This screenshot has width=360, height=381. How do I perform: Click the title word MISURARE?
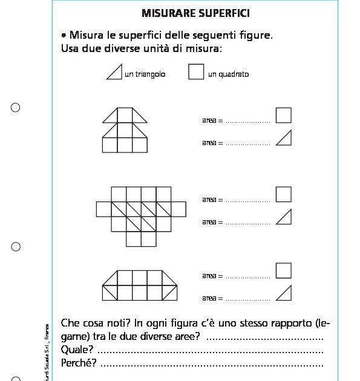(163, 13)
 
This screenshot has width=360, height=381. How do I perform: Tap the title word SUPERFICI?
(211, 13)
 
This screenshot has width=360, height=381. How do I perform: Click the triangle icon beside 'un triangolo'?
(115, 73)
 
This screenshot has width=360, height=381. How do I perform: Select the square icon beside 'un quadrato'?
(196, 72)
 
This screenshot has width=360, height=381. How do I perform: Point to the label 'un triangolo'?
(145, 74)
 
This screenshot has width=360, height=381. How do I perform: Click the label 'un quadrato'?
(228, 74)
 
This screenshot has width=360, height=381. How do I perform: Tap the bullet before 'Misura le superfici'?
(64, 36)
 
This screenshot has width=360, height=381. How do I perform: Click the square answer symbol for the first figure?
(283, 116)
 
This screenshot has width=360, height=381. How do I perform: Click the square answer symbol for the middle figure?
(283, 194)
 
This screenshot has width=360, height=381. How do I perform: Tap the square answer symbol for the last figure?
(283, 270)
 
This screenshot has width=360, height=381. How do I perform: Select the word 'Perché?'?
(79, 363)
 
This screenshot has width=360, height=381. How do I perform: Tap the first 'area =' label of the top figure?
(212, 120)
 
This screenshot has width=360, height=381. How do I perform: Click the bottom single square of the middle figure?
(133, 239)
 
